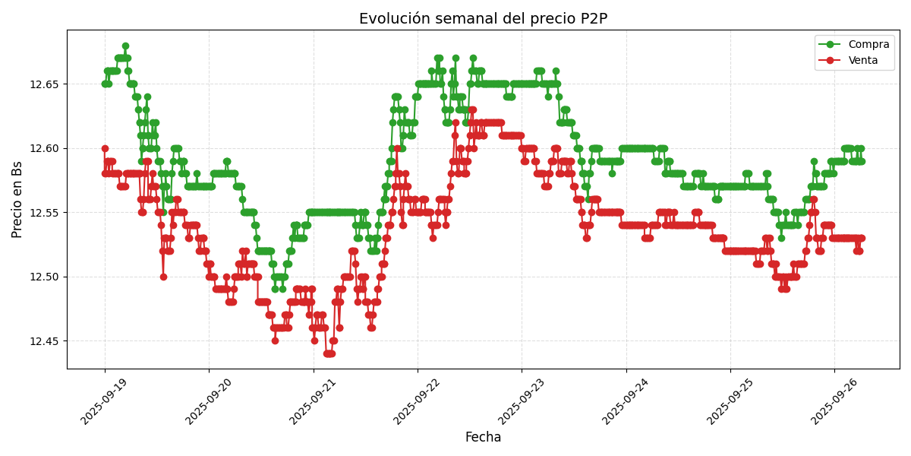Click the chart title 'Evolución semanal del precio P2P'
click(x=483, y=19)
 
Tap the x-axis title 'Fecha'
click(x=483, y=438)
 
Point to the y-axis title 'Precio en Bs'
click(x=17, y=199)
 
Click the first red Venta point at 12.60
click(x=105, y=148)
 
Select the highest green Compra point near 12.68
click(x=125, y=46)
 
